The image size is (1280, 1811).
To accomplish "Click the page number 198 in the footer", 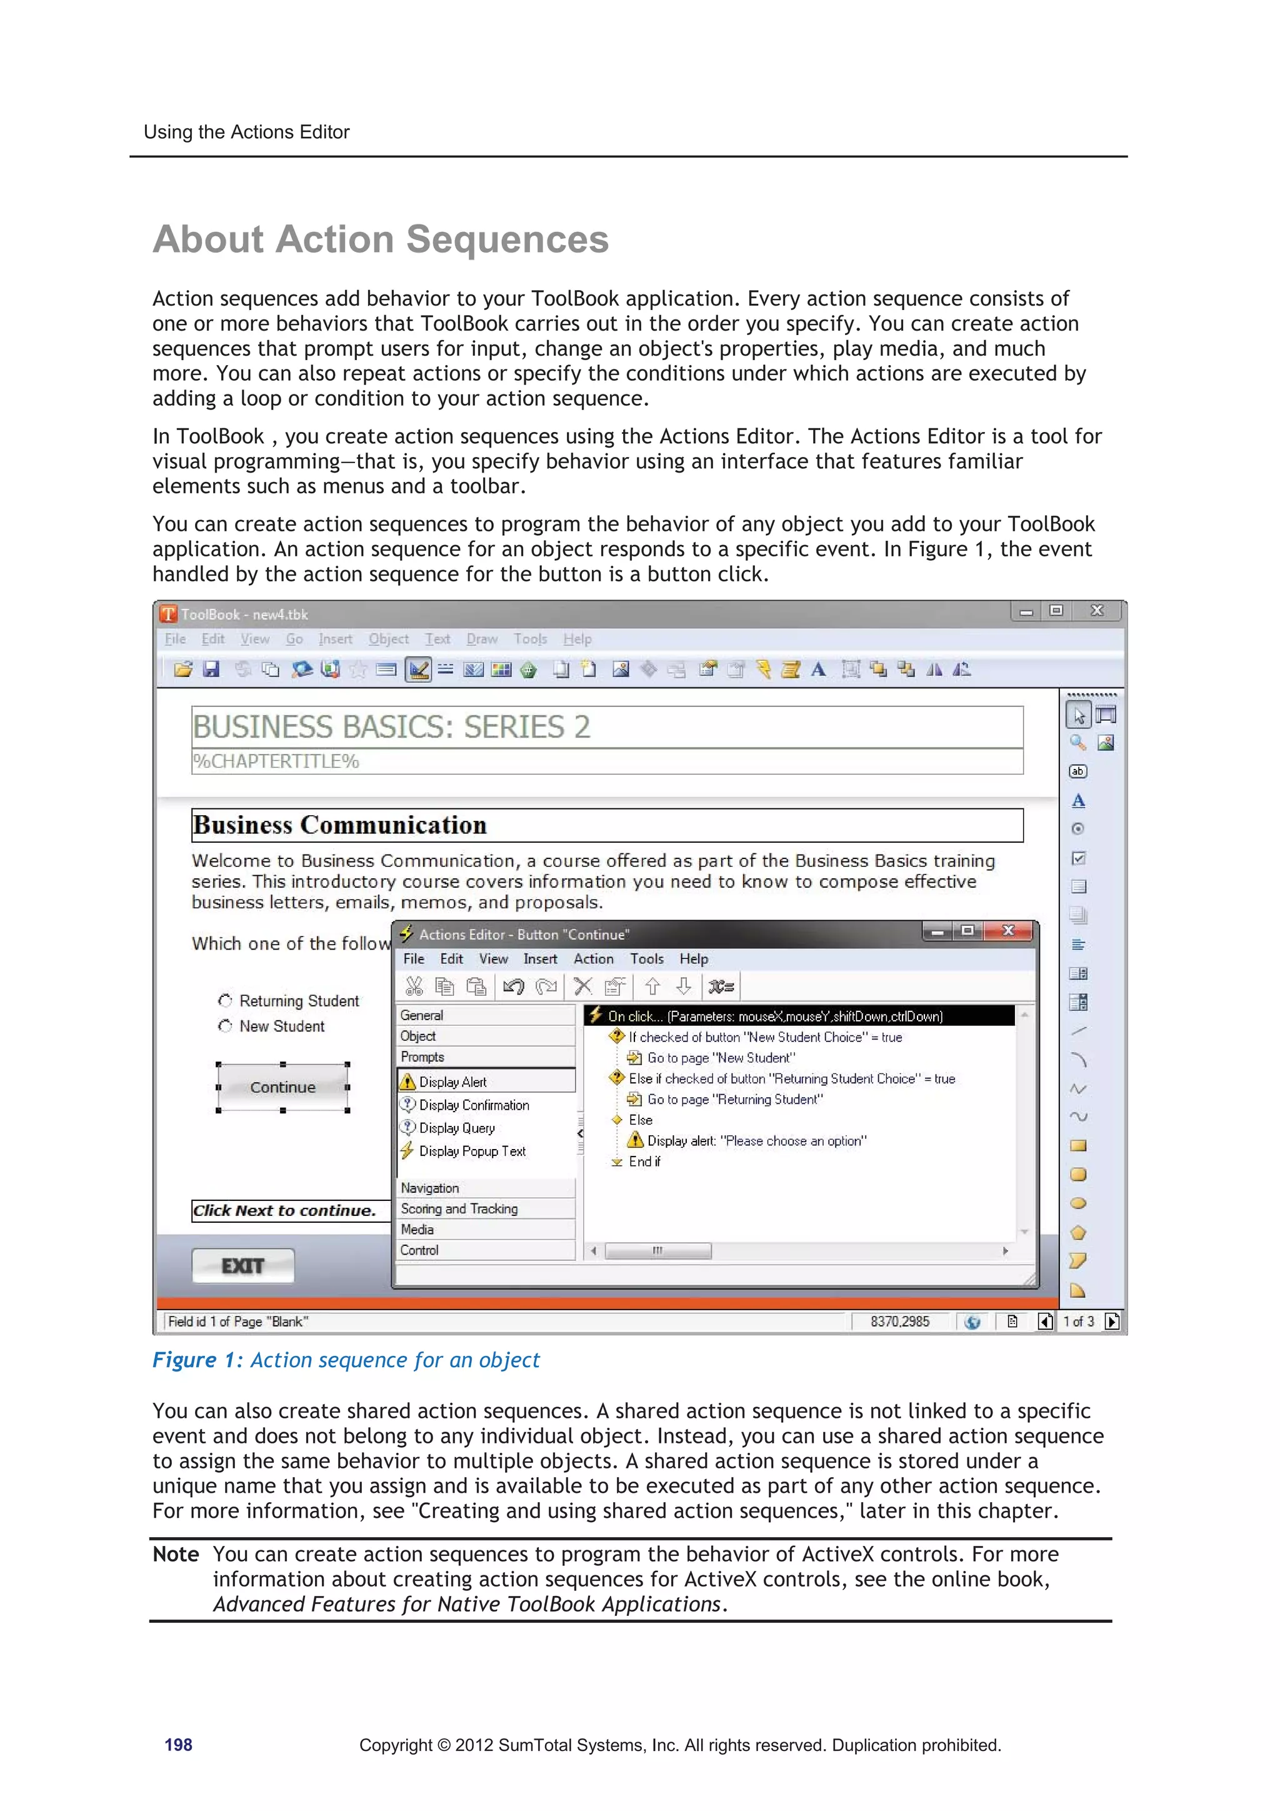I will point(178,1744).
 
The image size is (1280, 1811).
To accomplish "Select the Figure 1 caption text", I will point(346,1359).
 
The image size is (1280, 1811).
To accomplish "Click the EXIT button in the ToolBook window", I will point(243,1265).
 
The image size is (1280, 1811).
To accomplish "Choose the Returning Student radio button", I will point(226,1000).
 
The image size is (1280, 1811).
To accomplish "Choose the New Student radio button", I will point(226,1025).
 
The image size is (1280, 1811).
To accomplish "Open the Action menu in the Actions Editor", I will point(593,958).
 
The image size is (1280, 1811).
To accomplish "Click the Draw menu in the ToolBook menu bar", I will point(481,639).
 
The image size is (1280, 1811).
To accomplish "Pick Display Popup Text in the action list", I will point(472,1151).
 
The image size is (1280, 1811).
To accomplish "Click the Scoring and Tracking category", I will point(459,1208).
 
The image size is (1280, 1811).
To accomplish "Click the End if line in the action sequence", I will point(644,1161).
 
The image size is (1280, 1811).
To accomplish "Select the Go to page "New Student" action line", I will point(720,1058).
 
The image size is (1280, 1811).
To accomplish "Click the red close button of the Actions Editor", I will point(1008,931).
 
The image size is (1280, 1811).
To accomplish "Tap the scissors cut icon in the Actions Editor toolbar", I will point(414,986).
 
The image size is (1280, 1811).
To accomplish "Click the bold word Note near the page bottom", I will point(175,1554).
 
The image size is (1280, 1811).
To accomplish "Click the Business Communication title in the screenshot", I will point(340,825).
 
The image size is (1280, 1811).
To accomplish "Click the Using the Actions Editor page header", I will point(246,132).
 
